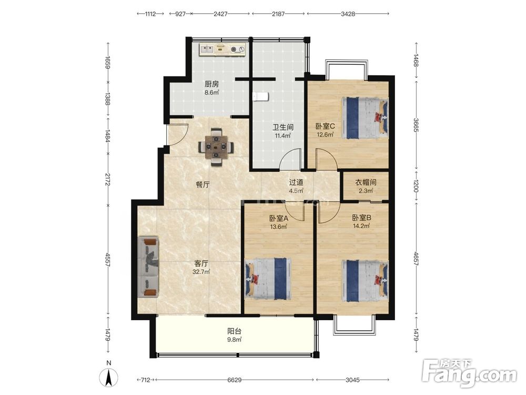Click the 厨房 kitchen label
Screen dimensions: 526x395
(x=211, y=84)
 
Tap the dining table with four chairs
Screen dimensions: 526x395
(x=216, y=146)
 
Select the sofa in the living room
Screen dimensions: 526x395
(x=148, y=266)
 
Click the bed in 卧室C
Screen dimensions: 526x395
(x=365, y=118)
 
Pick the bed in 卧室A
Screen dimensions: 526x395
(x=268, y=279)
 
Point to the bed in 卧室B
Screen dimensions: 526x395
(x=365, y=281)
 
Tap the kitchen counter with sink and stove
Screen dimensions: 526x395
(x=222, y=50)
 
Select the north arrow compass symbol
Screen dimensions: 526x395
(x=109, y=377)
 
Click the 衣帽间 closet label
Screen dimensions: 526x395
(x=366, y=182)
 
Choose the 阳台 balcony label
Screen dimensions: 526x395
(x=234, y=331)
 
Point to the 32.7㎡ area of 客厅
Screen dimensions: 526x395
(x=201, y=272)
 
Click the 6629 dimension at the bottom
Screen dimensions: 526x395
(x=235, y=380)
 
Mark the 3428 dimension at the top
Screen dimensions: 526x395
(x=348, y=14)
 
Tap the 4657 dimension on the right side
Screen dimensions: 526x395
(x=416, y=259)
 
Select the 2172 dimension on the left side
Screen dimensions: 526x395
(x=108, y=180)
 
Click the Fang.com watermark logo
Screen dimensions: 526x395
(x=469, y=372)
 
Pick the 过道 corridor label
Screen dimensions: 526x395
(x=296, y=182)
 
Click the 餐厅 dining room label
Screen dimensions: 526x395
(x=203, y=184)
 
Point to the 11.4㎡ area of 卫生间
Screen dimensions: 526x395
(x=283, y=136)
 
